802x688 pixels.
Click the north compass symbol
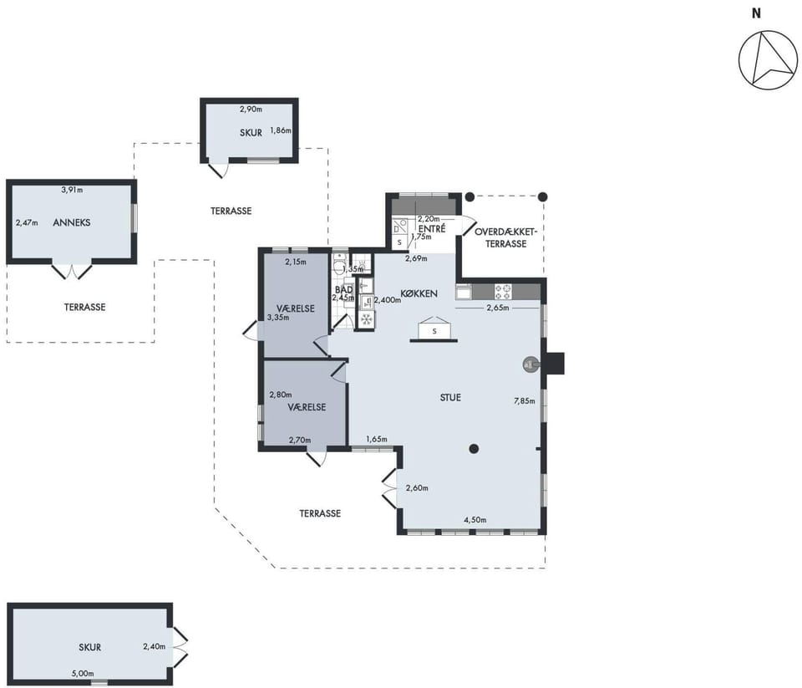click(768, 60)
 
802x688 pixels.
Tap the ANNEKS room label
click(72, 222)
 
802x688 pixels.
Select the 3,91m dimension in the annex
click(72, 190)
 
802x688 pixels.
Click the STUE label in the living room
click(450, 397)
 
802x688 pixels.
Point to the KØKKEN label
click(419, 293)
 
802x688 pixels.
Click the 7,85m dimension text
click(525, 400)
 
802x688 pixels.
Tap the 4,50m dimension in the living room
click(475, 520)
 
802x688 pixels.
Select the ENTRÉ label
click(432, 229)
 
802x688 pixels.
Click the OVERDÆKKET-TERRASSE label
click(506, 237)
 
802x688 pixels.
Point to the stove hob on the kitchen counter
click(502, 292)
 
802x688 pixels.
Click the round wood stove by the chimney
click(530, 364)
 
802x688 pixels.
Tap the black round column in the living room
click(475, 449)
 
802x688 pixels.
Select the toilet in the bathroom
click(339, 264)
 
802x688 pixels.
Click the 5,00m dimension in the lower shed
click(83, 674)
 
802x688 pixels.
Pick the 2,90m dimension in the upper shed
click(251, 109)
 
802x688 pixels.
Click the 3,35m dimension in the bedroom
click(278, 318)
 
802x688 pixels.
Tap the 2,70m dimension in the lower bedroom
click(300, 440)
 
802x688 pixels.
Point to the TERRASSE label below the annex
click(85, 307)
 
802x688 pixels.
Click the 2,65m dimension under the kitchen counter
click(498, 308)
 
